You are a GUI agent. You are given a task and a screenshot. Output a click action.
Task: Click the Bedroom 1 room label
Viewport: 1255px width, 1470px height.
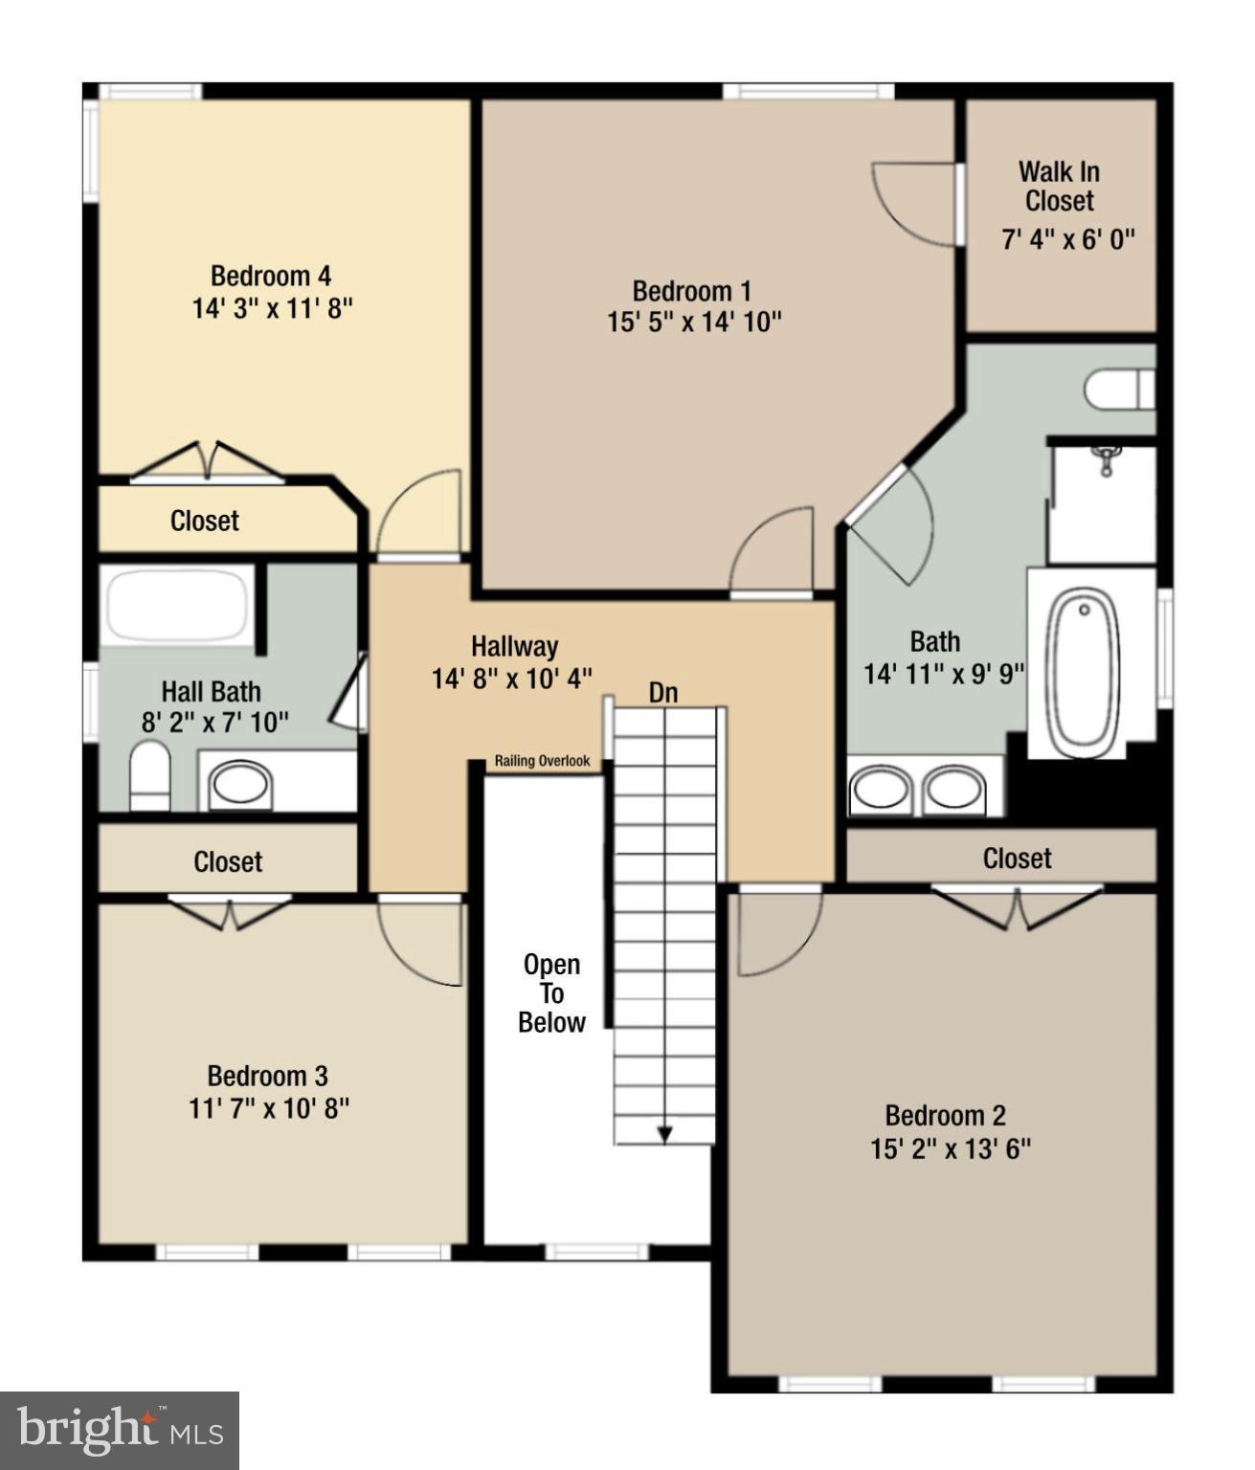[691, 291]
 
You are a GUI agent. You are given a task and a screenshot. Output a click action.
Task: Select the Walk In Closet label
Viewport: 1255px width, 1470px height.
[1059, 187]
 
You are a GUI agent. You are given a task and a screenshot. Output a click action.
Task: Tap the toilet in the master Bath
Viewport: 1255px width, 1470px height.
[1118, 390]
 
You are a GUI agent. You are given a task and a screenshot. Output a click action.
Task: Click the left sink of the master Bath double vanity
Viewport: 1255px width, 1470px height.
[881, 791]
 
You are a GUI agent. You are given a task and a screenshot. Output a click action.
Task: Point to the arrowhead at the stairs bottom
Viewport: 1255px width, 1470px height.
[664, 1134]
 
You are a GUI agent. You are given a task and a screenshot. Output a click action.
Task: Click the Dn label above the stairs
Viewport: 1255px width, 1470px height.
[663, 693]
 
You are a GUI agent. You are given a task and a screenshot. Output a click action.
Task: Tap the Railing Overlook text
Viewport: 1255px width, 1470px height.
[542, 762]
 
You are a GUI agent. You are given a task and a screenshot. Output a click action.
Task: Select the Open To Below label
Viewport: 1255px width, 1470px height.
[551, 993]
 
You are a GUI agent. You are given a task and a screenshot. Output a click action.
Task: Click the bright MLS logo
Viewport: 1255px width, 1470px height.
[119, 1431]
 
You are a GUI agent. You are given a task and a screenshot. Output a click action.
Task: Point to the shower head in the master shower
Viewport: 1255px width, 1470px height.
[1107, 457]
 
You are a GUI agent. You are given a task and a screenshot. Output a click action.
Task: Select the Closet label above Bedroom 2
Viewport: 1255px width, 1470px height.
[1017, 858]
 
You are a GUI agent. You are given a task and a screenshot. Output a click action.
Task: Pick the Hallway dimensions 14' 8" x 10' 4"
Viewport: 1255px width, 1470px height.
[512, 679]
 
